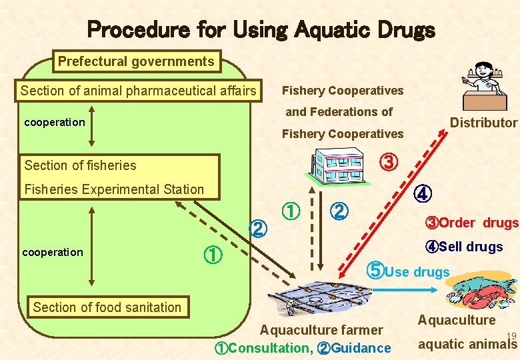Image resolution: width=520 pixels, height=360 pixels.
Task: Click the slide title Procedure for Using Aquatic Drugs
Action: point(261,29)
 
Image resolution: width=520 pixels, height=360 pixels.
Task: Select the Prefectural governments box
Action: point(136,62)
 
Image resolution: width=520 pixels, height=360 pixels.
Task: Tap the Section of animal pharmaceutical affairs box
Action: point(139,91)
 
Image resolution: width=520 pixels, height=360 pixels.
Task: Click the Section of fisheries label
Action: point(80,165)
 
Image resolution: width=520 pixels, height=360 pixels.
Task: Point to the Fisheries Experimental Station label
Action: point(114,189)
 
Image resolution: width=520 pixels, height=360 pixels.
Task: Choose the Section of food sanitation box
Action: point(107,307)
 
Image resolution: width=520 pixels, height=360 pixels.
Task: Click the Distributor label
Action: point(483,123)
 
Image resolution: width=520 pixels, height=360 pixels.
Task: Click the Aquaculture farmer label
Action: point(321,330)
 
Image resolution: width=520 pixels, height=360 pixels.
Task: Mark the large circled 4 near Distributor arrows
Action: point(423,194)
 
